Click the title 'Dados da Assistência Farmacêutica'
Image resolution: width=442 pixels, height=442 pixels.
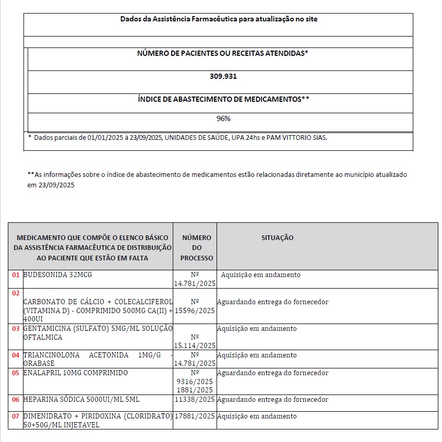(219, 19)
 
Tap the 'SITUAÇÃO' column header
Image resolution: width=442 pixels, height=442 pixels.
(277, 238)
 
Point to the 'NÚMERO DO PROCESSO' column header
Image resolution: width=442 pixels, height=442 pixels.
(197, 248)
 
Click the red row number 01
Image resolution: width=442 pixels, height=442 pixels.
(16, 275)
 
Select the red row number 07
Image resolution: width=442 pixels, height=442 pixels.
(16, 416)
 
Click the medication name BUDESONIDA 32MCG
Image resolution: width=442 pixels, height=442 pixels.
(57, 275)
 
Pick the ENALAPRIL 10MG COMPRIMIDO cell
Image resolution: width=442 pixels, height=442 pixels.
(76, 373)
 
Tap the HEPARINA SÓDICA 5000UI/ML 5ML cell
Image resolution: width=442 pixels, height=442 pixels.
(81, 400)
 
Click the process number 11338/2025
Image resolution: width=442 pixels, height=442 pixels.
(195, 400)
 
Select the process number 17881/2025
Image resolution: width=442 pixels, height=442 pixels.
(195, 416)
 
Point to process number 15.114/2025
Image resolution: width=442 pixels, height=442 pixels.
(195, 345)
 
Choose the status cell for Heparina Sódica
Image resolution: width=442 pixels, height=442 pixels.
(272, 400)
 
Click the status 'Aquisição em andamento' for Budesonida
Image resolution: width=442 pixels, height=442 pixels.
(260, 275)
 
